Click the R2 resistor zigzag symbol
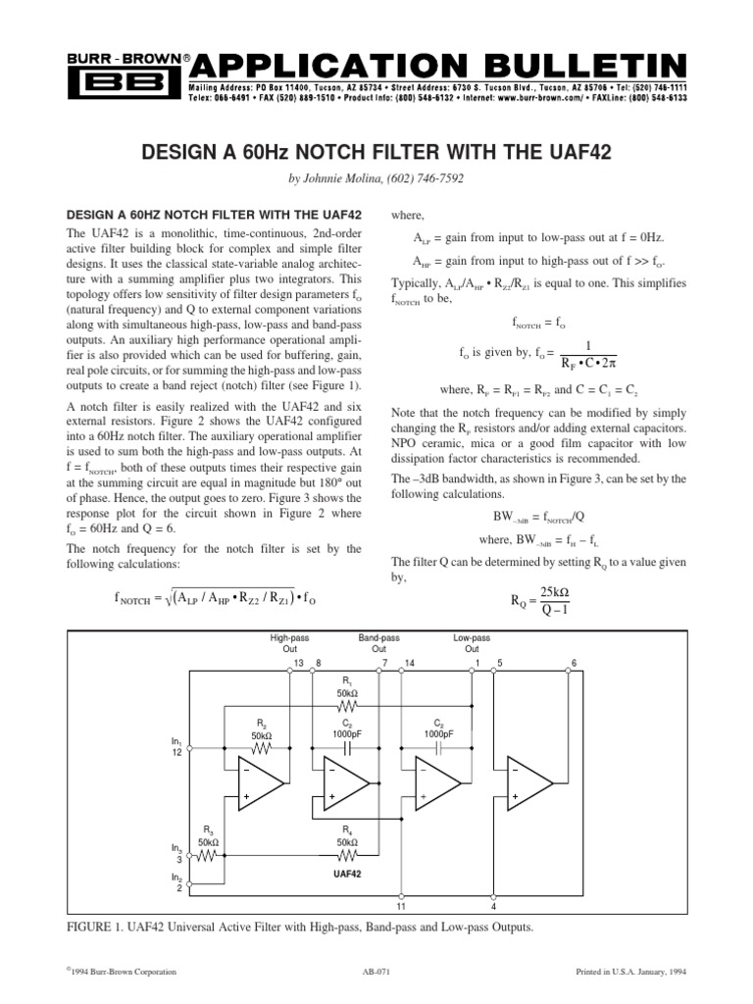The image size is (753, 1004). click(x=261, y=748)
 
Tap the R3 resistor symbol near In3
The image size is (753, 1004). click(x=207, y=854)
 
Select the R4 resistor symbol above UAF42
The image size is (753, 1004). click(x=349, y=854)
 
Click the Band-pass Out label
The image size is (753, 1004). click(x=378, y=643)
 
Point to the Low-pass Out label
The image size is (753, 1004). click(x=472, y=643)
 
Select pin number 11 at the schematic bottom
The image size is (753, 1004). click(x=402, y=907)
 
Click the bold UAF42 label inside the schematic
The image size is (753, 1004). click(x=348, y=872)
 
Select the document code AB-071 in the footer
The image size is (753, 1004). click(x=376, y=972)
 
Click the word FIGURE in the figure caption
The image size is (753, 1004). click(x=91, y=928)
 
